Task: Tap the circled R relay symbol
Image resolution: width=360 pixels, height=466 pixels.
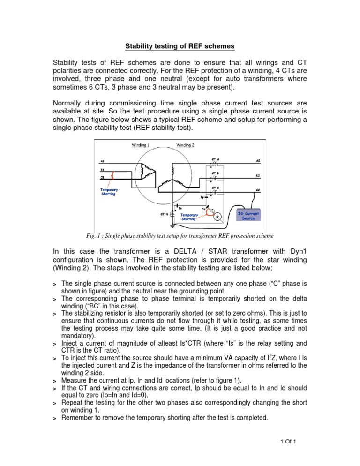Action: [x=217, y=217]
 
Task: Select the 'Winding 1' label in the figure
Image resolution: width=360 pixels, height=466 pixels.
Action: [x=140, y=145]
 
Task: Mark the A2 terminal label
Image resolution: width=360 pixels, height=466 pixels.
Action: [x=258, y=161]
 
